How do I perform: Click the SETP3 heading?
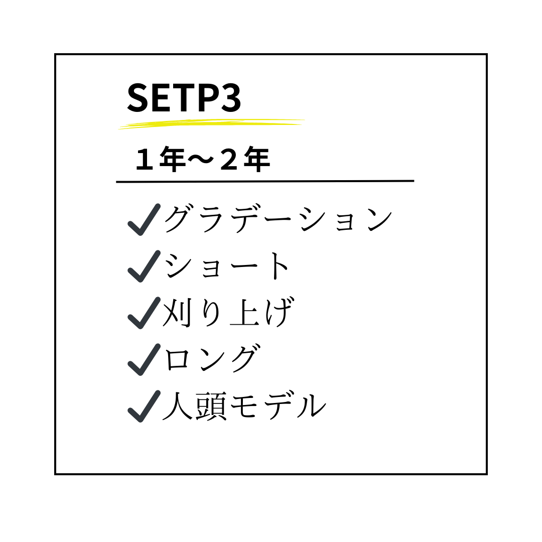click(x=184, y=98)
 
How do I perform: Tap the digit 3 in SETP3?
click(x=231, y=98)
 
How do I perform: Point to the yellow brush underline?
click(x=211, y=124)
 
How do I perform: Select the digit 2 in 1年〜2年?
click(x=229, y=160)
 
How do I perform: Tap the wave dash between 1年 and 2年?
click(x=200, y=160)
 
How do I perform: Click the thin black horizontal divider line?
click(x=265, y=181)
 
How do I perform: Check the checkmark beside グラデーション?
click(x=144, y=219)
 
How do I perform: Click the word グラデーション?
click(x=278, y=219)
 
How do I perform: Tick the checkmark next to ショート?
click(x=144, y=266)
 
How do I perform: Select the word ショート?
click(x=226, y=266)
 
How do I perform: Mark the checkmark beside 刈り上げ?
click(x=144, y=313)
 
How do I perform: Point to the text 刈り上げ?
click(x=228, y=312)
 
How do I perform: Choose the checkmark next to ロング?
click(x=144, y=359)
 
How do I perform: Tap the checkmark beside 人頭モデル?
click(x=144, y=406)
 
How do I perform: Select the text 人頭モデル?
click(x=244, y=405)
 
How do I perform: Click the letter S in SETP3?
click(x=138, y=98)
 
